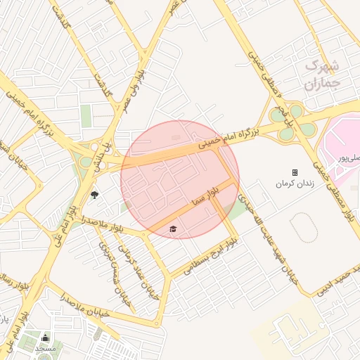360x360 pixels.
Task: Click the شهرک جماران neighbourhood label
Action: tap(322, 75)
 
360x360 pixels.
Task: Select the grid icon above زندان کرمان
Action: tap(295, 172)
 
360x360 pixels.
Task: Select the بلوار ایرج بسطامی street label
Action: tap(210, 257)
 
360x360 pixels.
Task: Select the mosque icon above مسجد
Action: tap(46, 338)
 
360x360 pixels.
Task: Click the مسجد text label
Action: tap(46, 349)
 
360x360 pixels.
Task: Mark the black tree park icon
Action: tap(94, 195)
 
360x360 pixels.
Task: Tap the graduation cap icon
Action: tap(173, 229)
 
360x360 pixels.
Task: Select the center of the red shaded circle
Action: tap(180, 179)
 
